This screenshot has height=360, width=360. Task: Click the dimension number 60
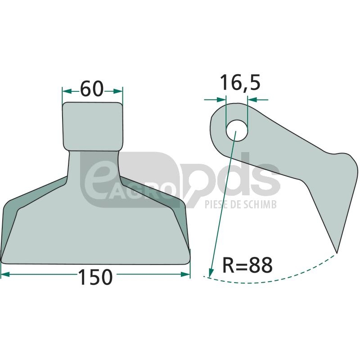[92, 89]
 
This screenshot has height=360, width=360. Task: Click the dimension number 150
[95, 277]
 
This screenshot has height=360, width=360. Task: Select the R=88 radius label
[247, 265]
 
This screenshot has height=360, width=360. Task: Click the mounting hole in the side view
[237, 131]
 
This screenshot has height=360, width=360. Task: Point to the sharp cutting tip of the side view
[337, 252]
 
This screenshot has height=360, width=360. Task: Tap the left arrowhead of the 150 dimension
[5, 274]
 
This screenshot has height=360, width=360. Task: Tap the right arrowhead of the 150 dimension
[185, 274]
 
